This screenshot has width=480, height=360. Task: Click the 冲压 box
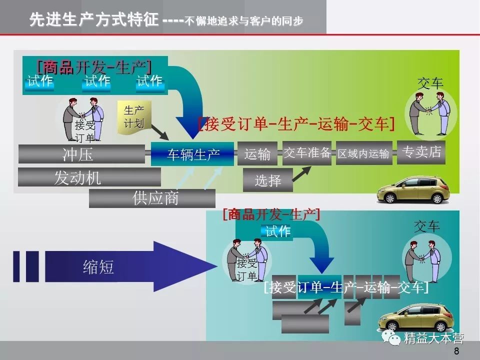(x=77, y=154)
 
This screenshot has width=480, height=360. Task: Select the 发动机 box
(x=77, y=177)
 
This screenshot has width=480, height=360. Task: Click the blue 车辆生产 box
(x=193, y=154)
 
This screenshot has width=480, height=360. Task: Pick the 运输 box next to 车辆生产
(x=257, y=154)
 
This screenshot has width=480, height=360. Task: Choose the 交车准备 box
(x=307, y=153)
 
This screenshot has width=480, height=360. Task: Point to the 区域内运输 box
(x=363, y=154)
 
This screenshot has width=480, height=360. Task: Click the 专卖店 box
(x=421, y=152)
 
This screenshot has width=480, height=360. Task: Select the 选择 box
(x=267, y=180)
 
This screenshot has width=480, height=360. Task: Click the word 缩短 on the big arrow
(x=98, y=267)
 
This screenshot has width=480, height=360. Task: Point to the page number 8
(x=456, y=351)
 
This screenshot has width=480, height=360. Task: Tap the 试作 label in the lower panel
(x=277, y=231)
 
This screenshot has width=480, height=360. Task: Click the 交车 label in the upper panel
(x=430, y=83)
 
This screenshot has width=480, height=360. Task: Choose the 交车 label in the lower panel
(x=426, y=226)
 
